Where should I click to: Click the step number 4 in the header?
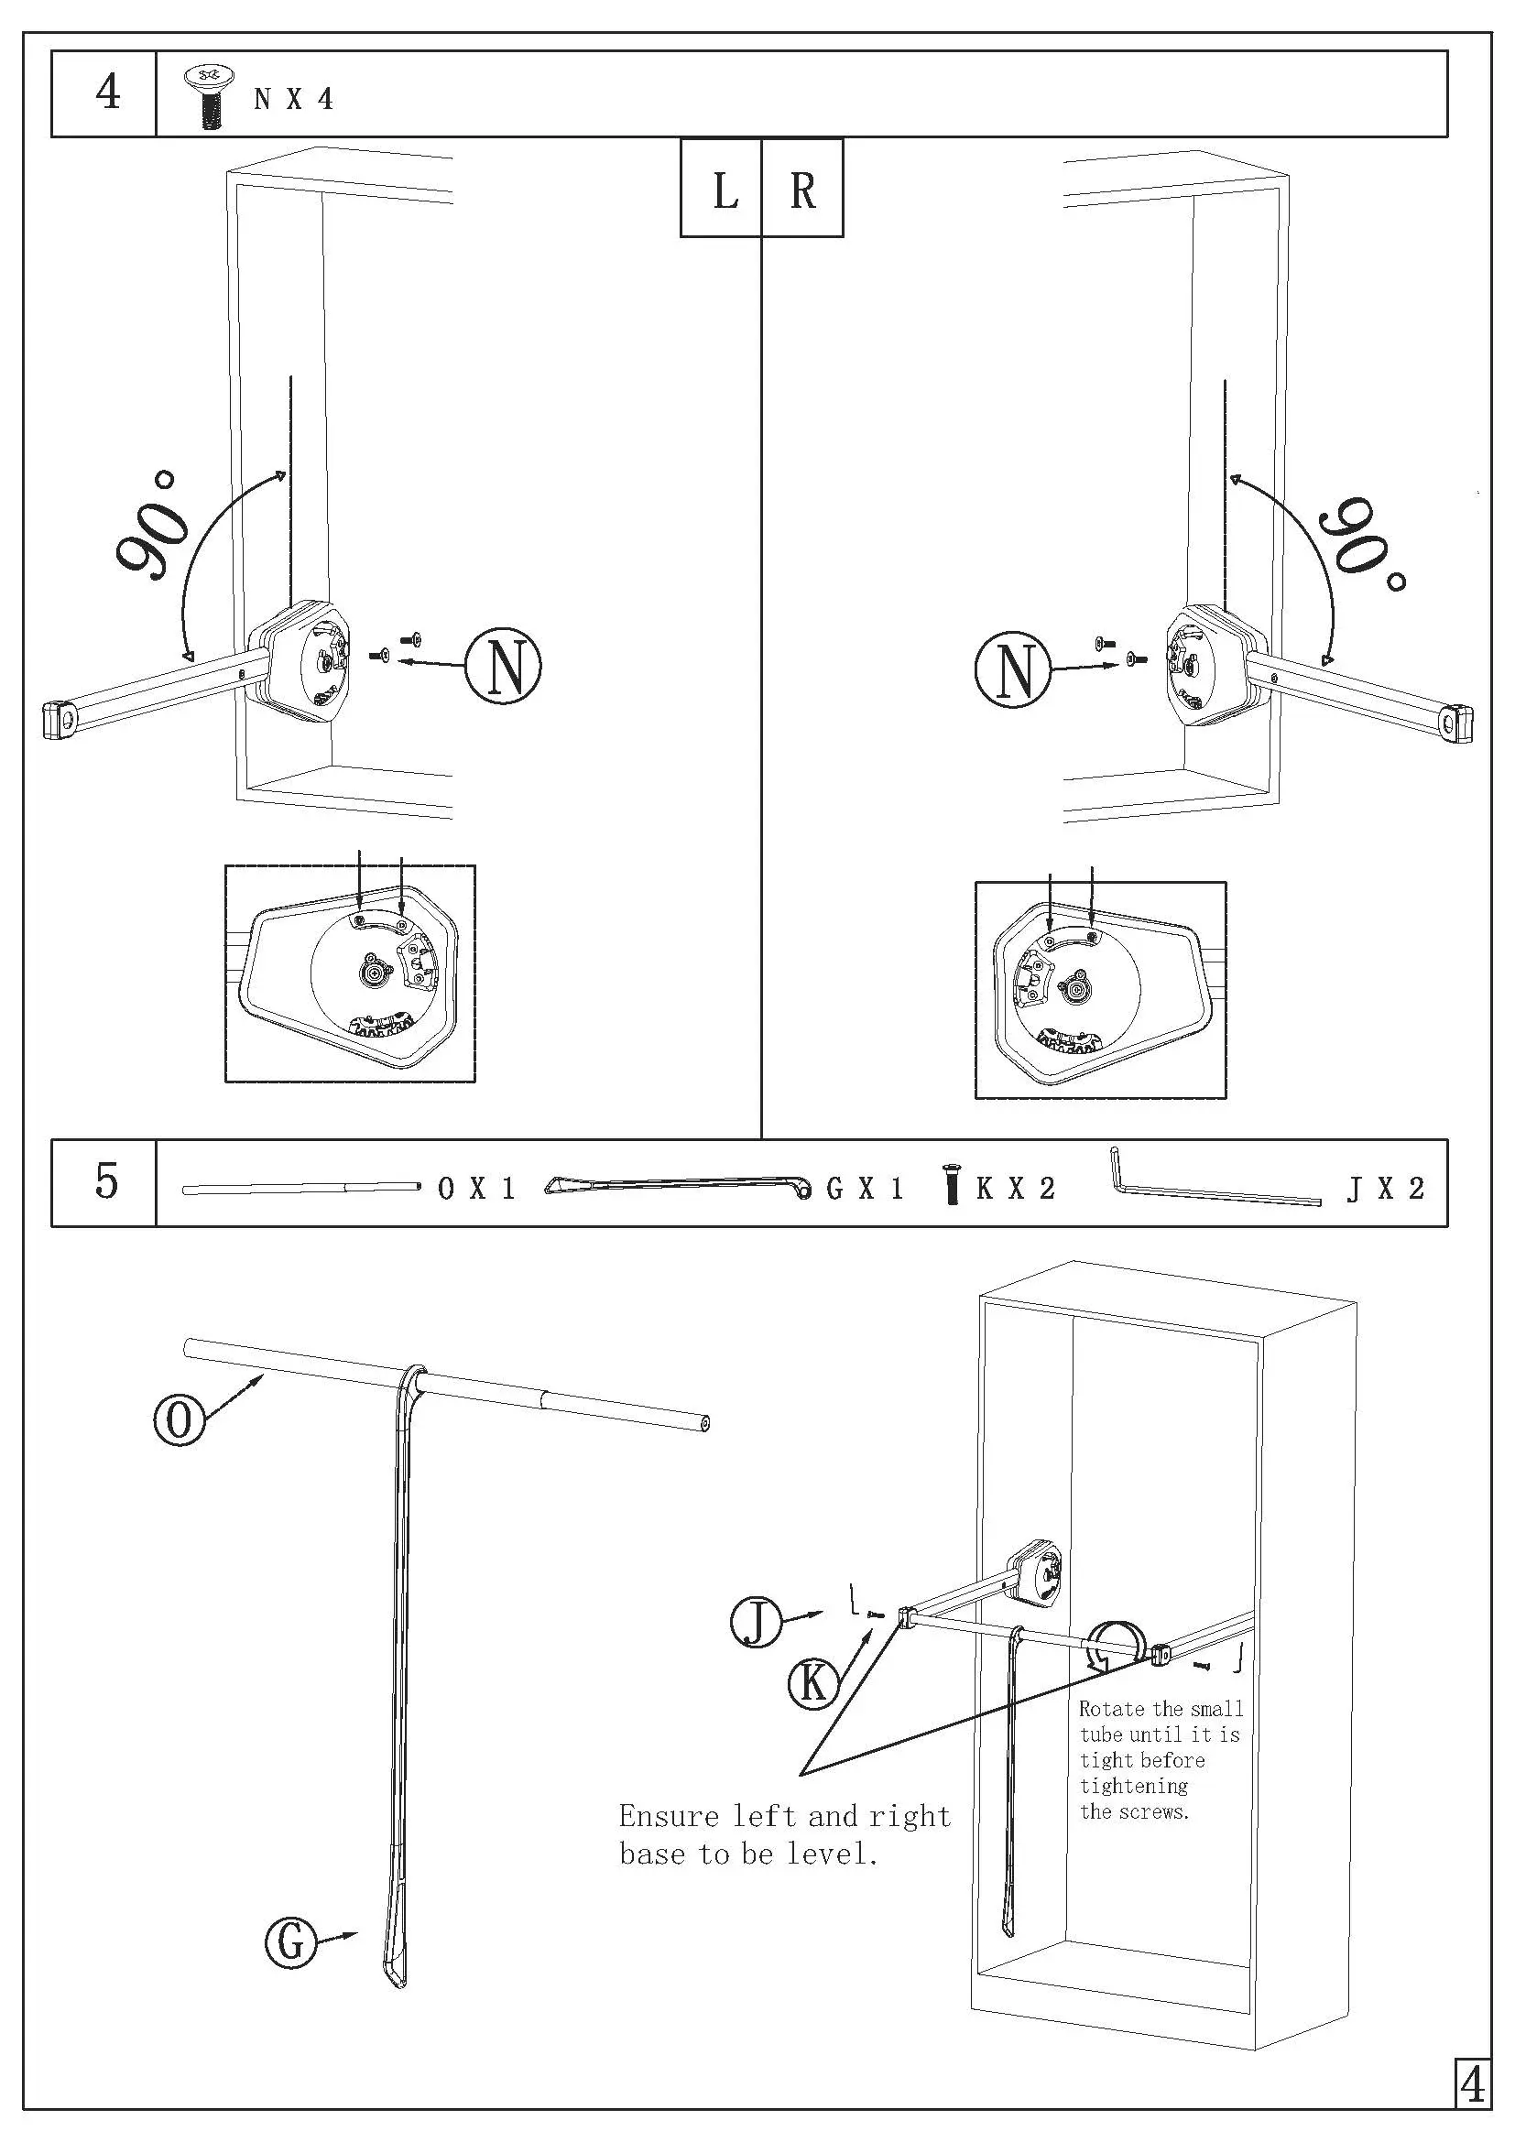[x=108, y=92]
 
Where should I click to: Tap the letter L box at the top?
[x=725, y=191]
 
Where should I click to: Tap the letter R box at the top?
[x=802, y=191]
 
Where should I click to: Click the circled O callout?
[x=179, y=1421]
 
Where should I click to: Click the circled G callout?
[x=291, y=1943]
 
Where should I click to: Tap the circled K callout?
[x=813, y=1683]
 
